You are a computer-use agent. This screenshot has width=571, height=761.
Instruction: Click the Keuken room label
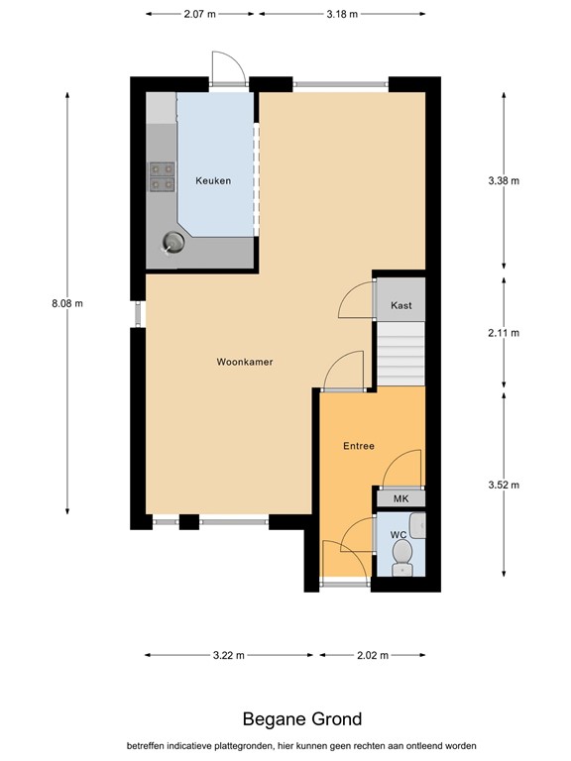pyautogui.click(x=213, y=181)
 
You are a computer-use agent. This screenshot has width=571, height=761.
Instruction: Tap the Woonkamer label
pyautogui.click(x=244, y=362)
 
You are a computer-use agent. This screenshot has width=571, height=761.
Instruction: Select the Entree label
pyautogui.click(x=359, y=446)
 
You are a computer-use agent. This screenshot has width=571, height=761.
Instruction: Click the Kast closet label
pyautogui.click(x=400, y=305)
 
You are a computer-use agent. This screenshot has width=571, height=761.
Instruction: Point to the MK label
pyautogui.click(x=400, y=498)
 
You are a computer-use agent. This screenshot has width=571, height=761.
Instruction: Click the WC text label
pyautogui.click(x=399, y=535)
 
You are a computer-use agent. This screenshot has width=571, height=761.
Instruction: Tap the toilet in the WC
pyautogui.click(x=402, y=563)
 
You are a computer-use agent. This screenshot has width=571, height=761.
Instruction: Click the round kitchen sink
pyautogui.click(x=174, y=242)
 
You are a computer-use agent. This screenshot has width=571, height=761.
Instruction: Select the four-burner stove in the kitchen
pyautogui.click(x=161, y=175)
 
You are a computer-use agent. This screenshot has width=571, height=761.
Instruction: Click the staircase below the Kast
pyautogui.click(x=400, y=354)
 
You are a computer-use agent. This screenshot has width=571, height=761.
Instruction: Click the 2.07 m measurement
pyautogui.click(x=199, y=14)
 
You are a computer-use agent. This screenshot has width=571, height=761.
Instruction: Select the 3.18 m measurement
pyautogui.click(x=341, y=14)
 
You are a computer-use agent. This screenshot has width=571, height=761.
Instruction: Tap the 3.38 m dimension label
pyautogui.click(x=504, y=181)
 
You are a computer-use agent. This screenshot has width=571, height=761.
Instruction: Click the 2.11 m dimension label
pyautogui.click(x=504, y=333)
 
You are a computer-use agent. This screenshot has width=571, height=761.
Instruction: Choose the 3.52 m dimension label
pyautogui.click(x=504, y=485)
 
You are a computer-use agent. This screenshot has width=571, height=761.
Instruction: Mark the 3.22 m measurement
pyautogui.click(x=229, y=655)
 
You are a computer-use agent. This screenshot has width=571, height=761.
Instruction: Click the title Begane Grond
pyautogui.click(x=302, y=719)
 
